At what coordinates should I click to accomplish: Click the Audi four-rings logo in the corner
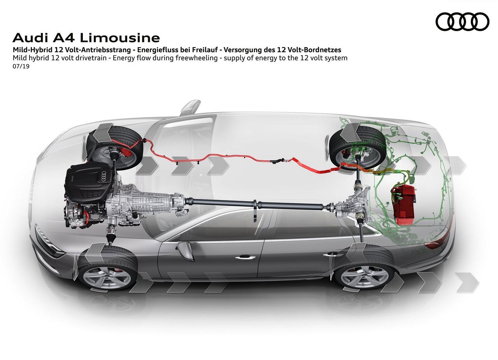click(463, 21)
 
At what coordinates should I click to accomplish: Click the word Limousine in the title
click(120, 38)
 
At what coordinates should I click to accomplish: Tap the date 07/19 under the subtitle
click(21, 66)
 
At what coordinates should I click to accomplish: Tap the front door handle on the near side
click(245, 258)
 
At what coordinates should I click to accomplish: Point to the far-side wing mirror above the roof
click(191, 107)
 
